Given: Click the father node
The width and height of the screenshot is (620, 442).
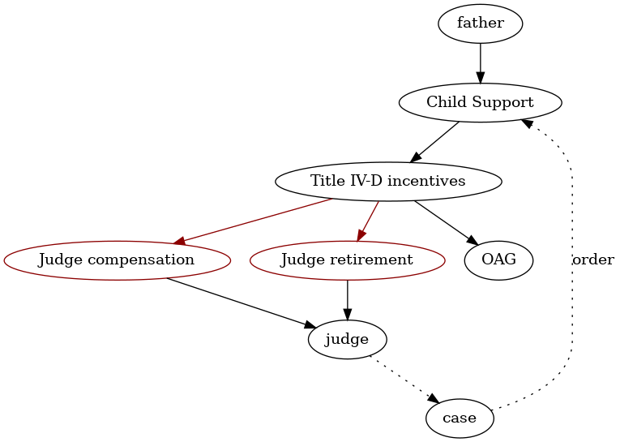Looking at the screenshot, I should click(x=480, y=24).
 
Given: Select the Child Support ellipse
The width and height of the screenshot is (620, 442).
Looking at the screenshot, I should click(x=480, y=102).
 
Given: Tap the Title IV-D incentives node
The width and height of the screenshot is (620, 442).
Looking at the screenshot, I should click(x=388, y=181).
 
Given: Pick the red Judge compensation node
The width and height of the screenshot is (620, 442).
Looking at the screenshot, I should click(x=117, y=260).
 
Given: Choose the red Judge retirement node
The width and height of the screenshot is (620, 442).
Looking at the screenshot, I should click(x=347, y=260).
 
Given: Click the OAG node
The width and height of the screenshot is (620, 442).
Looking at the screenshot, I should click(x=498, y=260).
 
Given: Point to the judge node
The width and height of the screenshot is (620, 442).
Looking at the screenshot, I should click(x=347, y=338).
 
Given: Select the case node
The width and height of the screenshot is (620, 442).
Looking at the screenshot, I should click(x=460, y=418).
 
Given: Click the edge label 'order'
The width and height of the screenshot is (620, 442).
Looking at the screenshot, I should click(x=592, y=260).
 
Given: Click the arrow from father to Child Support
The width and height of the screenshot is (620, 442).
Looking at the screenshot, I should click(x=480, y=63).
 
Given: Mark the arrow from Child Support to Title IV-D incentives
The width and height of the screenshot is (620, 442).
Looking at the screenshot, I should click(x=435, y=141).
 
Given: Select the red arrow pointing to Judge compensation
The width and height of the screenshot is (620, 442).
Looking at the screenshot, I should click(x=255, y=220).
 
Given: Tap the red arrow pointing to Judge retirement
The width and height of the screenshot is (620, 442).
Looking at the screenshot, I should click(x=368, y=220).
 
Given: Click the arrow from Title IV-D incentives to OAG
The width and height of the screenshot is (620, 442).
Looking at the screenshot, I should click(x=445, y=221).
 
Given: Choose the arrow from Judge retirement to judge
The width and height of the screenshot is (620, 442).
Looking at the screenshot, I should click(x=347, y=299).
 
